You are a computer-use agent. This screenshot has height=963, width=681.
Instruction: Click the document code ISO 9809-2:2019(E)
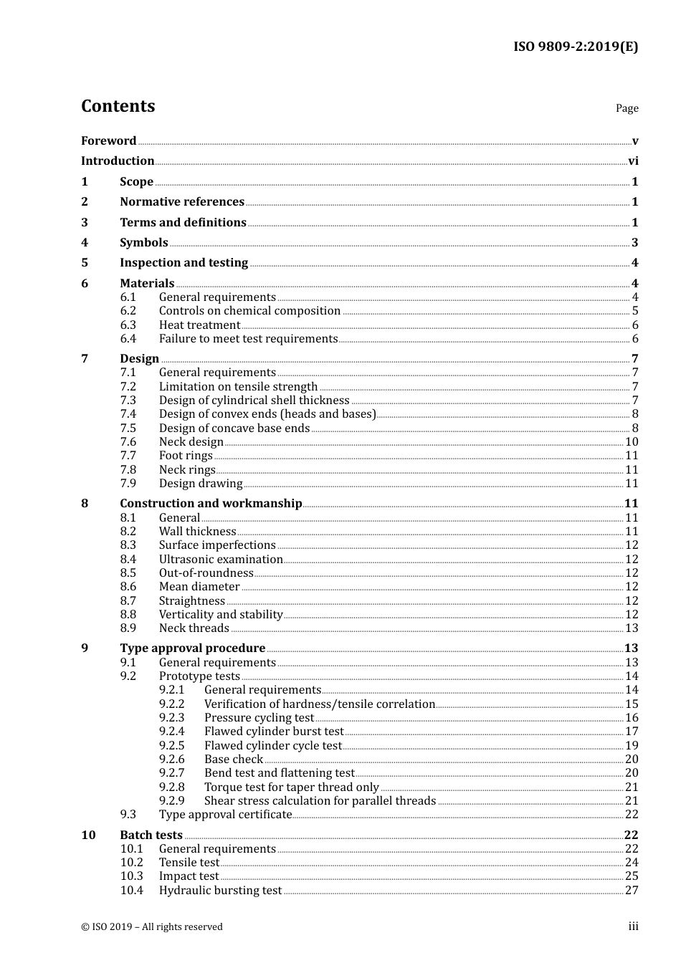coord(575,47)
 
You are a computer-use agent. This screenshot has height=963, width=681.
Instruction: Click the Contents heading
coord(118,106)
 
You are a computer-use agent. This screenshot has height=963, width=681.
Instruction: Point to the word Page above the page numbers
coord(627,108)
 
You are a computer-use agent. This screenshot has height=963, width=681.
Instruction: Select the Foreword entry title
coord(108,141)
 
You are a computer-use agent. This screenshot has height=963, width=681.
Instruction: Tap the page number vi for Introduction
coord(633,161)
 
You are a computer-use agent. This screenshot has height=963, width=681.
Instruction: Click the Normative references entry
coord(182,202)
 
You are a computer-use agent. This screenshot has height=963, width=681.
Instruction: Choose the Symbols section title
coord(144,243)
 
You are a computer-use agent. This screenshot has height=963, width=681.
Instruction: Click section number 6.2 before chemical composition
coord(128,311)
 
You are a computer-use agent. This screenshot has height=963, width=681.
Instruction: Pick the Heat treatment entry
coord(199,325)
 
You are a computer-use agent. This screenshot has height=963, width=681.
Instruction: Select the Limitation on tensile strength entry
coord(238,387)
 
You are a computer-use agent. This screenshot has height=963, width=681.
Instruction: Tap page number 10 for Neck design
coord(632,442)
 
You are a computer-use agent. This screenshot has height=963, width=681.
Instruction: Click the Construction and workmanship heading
coord(211,504)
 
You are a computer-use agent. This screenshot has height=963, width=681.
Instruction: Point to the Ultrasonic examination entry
coord(221,560)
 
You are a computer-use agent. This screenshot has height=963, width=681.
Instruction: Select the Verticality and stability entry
coord(221,615)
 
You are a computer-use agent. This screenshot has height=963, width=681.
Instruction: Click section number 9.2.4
coord(172,732)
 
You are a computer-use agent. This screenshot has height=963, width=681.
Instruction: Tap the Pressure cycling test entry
coord(259,718)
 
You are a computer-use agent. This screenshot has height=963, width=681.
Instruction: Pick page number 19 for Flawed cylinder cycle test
coord(632,746)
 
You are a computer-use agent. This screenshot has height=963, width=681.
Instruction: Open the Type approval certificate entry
coord(225,815)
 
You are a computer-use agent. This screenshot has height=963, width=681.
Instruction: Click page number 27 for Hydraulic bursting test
coord(632,891)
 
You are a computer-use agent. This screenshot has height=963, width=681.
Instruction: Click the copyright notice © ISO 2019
coord(152,927)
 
